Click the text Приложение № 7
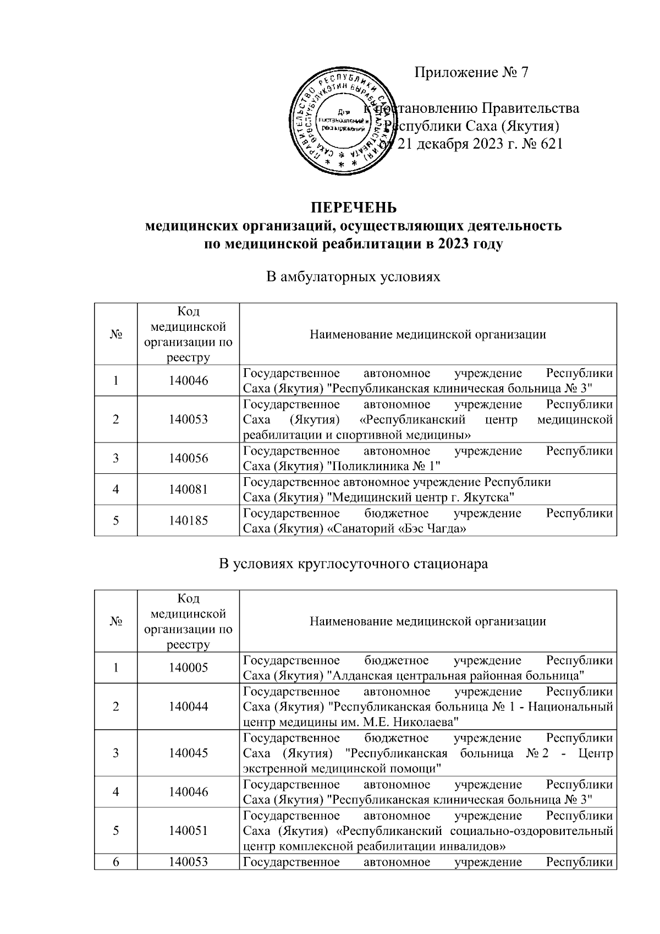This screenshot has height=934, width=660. click(471, 72)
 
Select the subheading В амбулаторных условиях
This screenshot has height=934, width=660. click(353, 276)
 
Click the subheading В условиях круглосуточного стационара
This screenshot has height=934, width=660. click(353, 564)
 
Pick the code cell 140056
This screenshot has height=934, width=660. click(188, 458)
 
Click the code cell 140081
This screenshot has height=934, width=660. click(188, 489)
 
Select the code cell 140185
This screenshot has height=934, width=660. click(188, 520)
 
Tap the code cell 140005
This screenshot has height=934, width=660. click(188, 668)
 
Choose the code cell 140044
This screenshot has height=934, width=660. click(188, 707)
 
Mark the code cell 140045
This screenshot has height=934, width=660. click(188, 753)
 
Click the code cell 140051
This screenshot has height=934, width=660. click(188, 831)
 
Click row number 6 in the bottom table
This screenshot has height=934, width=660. click(116, 862)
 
